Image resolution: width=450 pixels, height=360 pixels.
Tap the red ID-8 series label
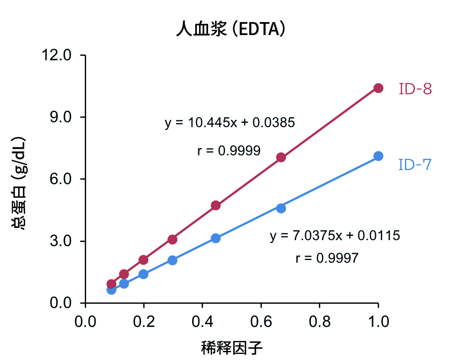point(415,89)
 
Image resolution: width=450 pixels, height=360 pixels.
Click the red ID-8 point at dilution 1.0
point(378,88)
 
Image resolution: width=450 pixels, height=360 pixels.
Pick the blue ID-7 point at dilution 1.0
point(378,156)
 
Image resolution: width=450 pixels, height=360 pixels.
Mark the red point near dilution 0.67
point(281,157)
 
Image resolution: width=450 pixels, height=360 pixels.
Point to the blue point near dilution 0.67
point(281,208)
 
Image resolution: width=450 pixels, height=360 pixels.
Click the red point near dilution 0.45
point(216,205)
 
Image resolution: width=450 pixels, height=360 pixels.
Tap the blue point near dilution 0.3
point(173,260)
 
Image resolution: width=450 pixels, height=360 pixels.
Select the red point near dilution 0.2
point(144,260)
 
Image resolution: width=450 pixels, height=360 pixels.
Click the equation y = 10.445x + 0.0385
point(230,123)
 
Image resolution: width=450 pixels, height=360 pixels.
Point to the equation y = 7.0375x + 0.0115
point(335,236)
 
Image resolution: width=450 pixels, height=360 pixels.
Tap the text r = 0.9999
point(228,151)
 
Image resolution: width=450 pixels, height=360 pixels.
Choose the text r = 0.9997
point(327,258)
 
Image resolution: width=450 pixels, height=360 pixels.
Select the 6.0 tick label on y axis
point(59,179)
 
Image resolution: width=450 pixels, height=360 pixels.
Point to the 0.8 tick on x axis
point(319,322)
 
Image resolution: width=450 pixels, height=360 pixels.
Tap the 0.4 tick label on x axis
point(202,322)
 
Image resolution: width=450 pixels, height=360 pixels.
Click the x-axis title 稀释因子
point(232,347)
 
